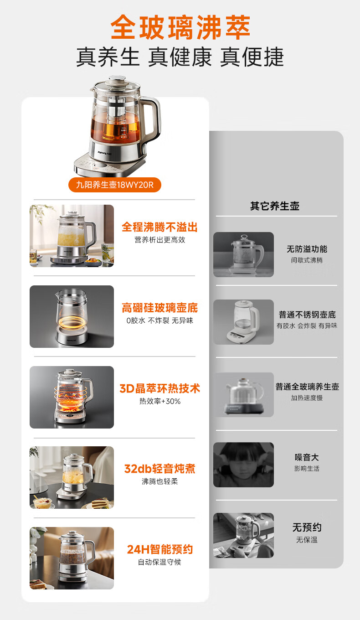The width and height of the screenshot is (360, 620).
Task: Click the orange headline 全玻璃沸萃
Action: coord(180,28)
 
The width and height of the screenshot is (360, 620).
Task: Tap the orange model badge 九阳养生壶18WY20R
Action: coord(114,185)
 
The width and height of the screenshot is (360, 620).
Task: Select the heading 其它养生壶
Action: coord(275,206)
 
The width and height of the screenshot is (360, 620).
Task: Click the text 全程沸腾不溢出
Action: coord(159,227)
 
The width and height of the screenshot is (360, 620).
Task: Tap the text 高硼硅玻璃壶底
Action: coord(159,308)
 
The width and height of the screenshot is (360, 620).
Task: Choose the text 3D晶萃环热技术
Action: coord(159,388)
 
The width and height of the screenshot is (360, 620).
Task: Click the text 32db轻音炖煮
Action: coord(159,469)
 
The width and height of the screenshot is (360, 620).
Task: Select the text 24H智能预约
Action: coord(159,549)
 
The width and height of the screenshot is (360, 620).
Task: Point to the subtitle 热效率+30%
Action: coord(160,401)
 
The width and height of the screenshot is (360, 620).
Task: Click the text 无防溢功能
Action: coord(307,249)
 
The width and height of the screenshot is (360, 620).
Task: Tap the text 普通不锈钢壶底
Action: coord(307,315)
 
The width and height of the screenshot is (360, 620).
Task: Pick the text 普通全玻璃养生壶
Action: coord(307,387)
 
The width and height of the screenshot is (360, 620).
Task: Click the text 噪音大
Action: coord(307,457)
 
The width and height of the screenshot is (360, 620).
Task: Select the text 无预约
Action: coord(307,527)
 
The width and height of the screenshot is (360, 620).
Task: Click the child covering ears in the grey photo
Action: coord(243,465)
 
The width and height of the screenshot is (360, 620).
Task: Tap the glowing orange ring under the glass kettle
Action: coord(72,322)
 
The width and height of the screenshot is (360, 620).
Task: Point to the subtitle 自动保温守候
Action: coord(159,562)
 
